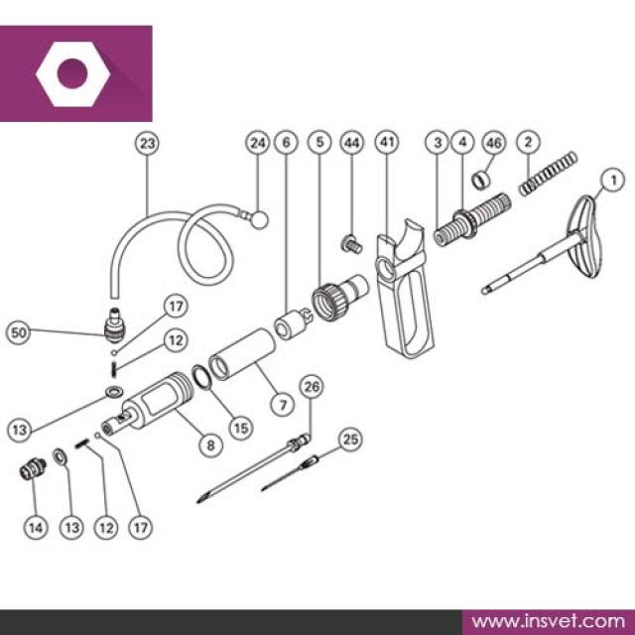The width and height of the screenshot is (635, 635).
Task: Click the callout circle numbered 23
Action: click(147, 143)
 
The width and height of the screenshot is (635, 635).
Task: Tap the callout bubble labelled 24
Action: click(258, 143)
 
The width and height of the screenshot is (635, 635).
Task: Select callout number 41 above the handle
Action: click(387, 142)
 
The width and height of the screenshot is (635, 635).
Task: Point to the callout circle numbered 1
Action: click(613, 180)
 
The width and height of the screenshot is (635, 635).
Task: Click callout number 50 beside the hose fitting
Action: click(19, 333)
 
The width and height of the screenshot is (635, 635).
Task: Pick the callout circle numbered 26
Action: click(312, 387)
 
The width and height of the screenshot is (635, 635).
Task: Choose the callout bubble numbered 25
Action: click(350, 440)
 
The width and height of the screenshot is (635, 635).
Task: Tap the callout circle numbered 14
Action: click(36, 527)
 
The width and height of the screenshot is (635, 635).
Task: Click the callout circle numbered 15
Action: click(241, 428)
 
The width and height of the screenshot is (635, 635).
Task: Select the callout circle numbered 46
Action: click(494, 143)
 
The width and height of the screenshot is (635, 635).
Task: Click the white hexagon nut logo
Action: click(72, 74)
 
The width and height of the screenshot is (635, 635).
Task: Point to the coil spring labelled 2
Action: click(548, 174)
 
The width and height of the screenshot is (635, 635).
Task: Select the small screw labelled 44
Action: click(351, 244)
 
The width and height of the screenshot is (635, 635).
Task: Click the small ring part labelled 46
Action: click(480, 180)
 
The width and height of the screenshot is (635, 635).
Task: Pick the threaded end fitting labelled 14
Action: click(33, 469)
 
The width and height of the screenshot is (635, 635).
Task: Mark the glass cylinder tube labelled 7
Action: click(242, 354)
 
